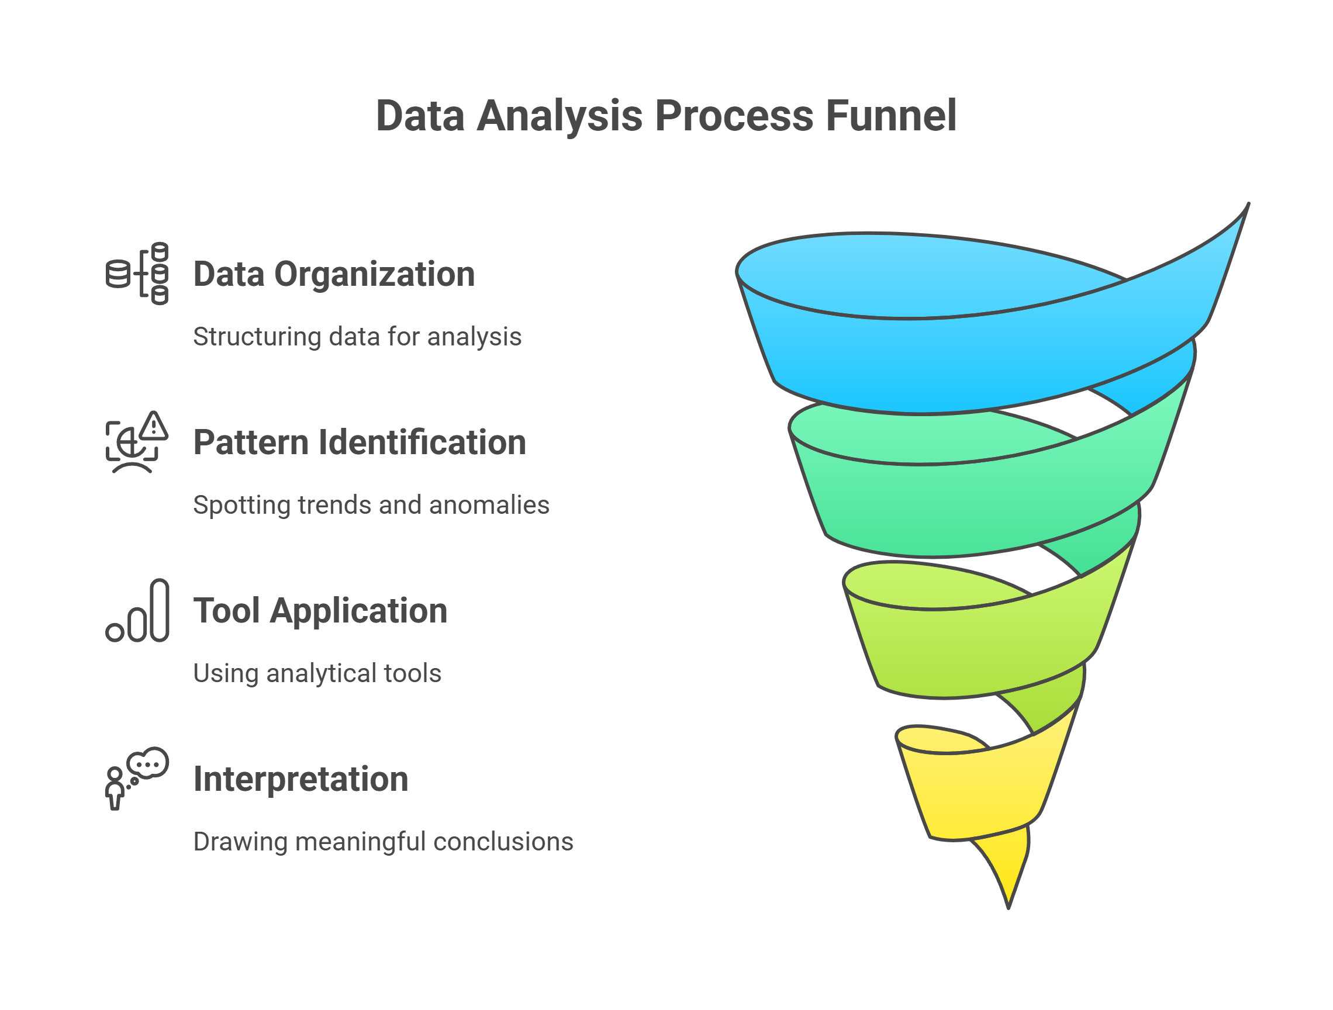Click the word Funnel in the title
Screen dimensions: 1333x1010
(x=890, y=115)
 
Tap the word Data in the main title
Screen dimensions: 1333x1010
(x=420, y=115)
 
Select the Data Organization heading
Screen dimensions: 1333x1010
(x=334, y=275)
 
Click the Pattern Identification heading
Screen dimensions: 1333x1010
(x=360, y=443)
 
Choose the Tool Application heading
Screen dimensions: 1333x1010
(x=320, y=611)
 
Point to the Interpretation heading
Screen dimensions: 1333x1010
(x=301, y=780)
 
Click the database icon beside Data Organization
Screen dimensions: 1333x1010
(x=137, y=274)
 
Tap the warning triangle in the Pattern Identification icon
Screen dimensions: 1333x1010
(x=154, y=426)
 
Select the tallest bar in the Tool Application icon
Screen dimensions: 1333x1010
(x=159, y=610)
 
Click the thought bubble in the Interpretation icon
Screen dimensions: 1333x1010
(x=149, y=763)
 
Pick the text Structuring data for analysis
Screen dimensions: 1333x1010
(x=357, y=337)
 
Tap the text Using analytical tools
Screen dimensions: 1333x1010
(x=317, y=674)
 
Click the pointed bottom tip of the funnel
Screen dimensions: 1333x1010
(x=1009, y=908)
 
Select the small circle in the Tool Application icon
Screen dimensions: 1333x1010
(x=115, y=632)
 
